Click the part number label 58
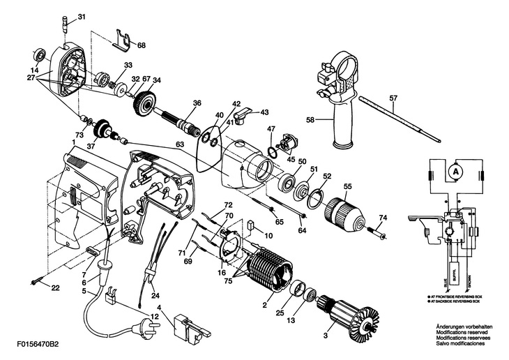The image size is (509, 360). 311,119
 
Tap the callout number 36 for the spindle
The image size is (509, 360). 197,103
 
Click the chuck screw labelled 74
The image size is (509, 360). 383,234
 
